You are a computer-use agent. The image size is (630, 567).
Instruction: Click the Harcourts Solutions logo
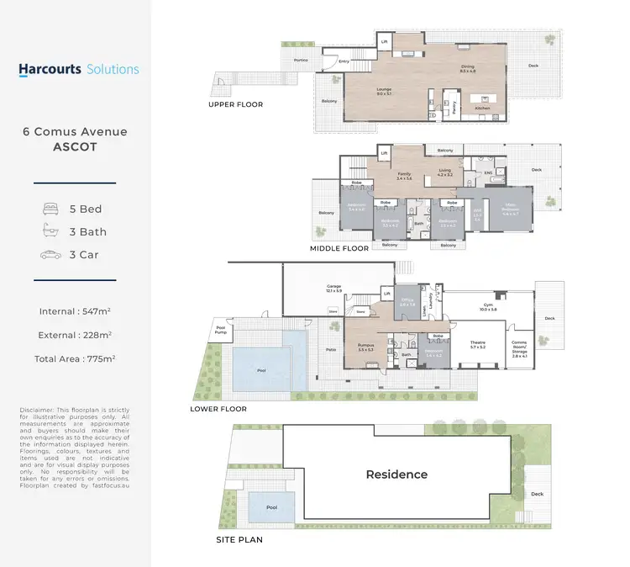pyautogui.click(x=79, y=69)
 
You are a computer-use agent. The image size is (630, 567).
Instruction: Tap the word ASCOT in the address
pyautogui.click(x=76, y=146)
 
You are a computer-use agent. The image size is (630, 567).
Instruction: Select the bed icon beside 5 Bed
pyautogui.click(x=50, y=208)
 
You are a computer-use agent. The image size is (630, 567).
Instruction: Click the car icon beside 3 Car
pyautogui.click(x=50, y=255)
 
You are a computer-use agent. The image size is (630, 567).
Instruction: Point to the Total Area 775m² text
pyautogui.click(x=76, y=358)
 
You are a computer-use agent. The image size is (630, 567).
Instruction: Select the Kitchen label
pyautogui.click(x=481, y=109)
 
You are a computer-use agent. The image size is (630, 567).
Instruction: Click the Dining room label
pyautogui.click(x=469, y=69)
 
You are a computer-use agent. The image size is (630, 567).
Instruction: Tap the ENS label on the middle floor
pyautogui.click(x=488, y=174)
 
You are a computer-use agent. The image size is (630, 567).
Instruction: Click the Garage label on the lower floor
pyautogui.click(x=334, y=288)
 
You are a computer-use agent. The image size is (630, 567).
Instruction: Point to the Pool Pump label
pyautogui.click(x=221, y=329)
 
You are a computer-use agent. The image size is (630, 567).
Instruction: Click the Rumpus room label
pyautogui.click(x=365, y=346)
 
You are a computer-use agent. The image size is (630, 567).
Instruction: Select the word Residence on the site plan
pyautogui.click(x=396, y=474)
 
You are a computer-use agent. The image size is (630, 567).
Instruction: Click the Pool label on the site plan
pyautogui.click(x=270, y=507)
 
